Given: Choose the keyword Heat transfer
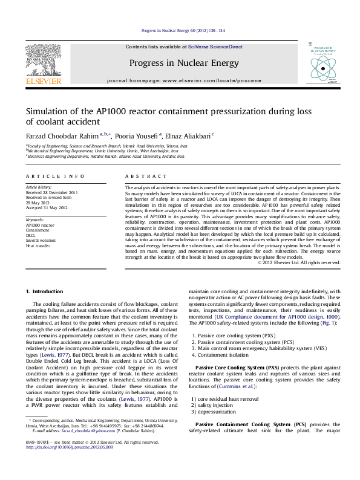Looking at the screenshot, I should click(x=38, y=246).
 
